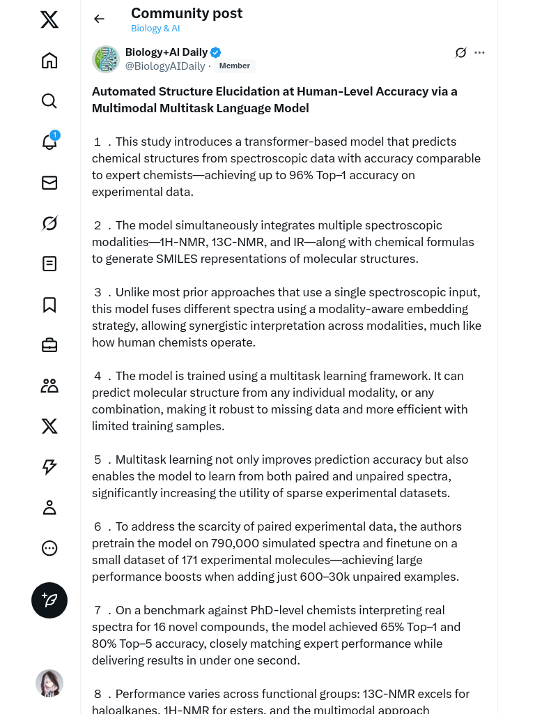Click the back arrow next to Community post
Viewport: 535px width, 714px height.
pos(99,19)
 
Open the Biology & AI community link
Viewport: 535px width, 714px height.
pos(155,29)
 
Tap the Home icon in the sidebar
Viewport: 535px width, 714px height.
pos(49,61)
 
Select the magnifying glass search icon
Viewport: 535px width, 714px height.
pos(49,101)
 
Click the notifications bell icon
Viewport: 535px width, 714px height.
pos(49,142)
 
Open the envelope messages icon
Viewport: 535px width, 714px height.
pos(49,183)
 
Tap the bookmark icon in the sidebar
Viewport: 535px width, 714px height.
pos(49,305)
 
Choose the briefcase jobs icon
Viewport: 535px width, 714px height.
pos(49,345)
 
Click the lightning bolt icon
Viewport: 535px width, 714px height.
pos(49,467)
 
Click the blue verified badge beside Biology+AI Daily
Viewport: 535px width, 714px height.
pos(216,52)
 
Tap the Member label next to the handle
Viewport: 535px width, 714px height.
pos(235,66)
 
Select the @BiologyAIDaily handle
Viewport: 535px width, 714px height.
pos(165,66)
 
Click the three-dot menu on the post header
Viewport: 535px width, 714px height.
pos(479,52)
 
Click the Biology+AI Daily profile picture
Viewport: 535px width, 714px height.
pos(106,59)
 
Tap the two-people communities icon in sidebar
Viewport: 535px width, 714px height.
pos(49,386)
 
